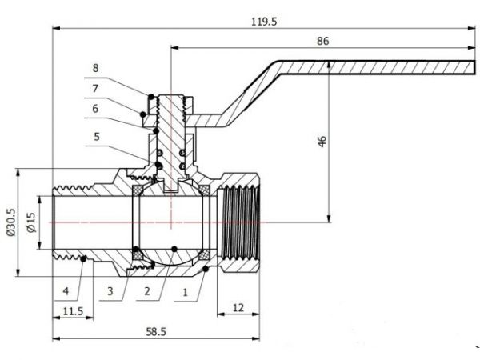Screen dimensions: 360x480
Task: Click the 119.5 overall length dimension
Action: (263, 22)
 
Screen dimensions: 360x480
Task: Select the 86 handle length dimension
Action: (322, 40)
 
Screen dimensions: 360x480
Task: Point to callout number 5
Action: (97, 137)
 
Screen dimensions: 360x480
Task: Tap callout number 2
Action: (147, 291)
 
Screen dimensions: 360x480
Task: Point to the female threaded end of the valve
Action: (240, 220)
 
